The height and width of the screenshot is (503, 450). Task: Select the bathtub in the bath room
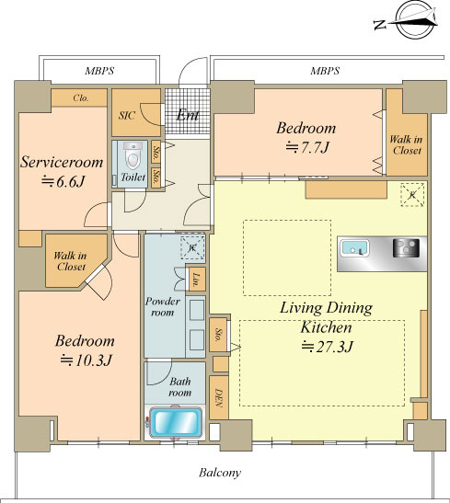[176, 422]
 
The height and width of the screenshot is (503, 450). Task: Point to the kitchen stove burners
[407, 248]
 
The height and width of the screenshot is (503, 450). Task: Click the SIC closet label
[127, 116]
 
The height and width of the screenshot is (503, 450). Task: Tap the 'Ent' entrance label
[188, 115]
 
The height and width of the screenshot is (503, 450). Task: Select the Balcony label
[220, 473]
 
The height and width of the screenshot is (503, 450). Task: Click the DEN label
[219, 398]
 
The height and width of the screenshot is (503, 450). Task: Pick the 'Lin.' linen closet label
[195, 279]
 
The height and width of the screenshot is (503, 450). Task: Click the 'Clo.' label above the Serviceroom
[80, 97]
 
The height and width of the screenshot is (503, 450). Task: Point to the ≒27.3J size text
[327, 347]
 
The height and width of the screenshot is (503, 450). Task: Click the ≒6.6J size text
[63, 182]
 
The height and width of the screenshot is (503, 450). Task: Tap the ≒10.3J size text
[86, 360]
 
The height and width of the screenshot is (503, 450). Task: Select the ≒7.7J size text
[307, 147]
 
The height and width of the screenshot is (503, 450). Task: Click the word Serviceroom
[62, 162]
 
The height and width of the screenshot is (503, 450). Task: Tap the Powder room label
[162, 307]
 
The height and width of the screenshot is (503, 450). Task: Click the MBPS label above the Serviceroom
[99, 71]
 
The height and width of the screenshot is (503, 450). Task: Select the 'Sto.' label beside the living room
[219, 335]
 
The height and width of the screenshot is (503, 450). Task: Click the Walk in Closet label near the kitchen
[406, 145]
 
